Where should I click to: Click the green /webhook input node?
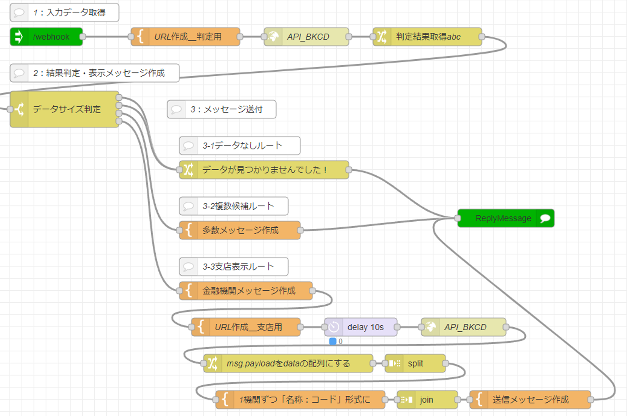[46, 37]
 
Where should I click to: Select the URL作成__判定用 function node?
[185, 37]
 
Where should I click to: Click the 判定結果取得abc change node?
[427, 37]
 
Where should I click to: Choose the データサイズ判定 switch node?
[65, 109]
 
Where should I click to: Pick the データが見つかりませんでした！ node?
[264, 170]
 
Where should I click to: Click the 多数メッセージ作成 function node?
[240, 230]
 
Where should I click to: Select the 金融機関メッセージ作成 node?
[246, 291]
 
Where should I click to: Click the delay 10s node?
[361, 327]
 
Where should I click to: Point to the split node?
[415, 363]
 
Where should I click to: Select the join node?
[427, 399]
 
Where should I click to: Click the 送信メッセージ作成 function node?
[530, 399]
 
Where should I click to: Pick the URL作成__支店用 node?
[246, 327]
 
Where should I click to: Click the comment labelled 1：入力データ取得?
[65, 12]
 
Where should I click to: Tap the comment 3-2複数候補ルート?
[234, 206]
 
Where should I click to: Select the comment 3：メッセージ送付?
[222, 109]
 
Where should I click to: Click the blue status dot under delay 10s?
[333, 341]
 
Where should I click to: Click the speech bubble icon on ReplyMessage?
[545, 218]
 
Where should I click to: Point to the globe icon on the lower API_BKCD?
[431, 327]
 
